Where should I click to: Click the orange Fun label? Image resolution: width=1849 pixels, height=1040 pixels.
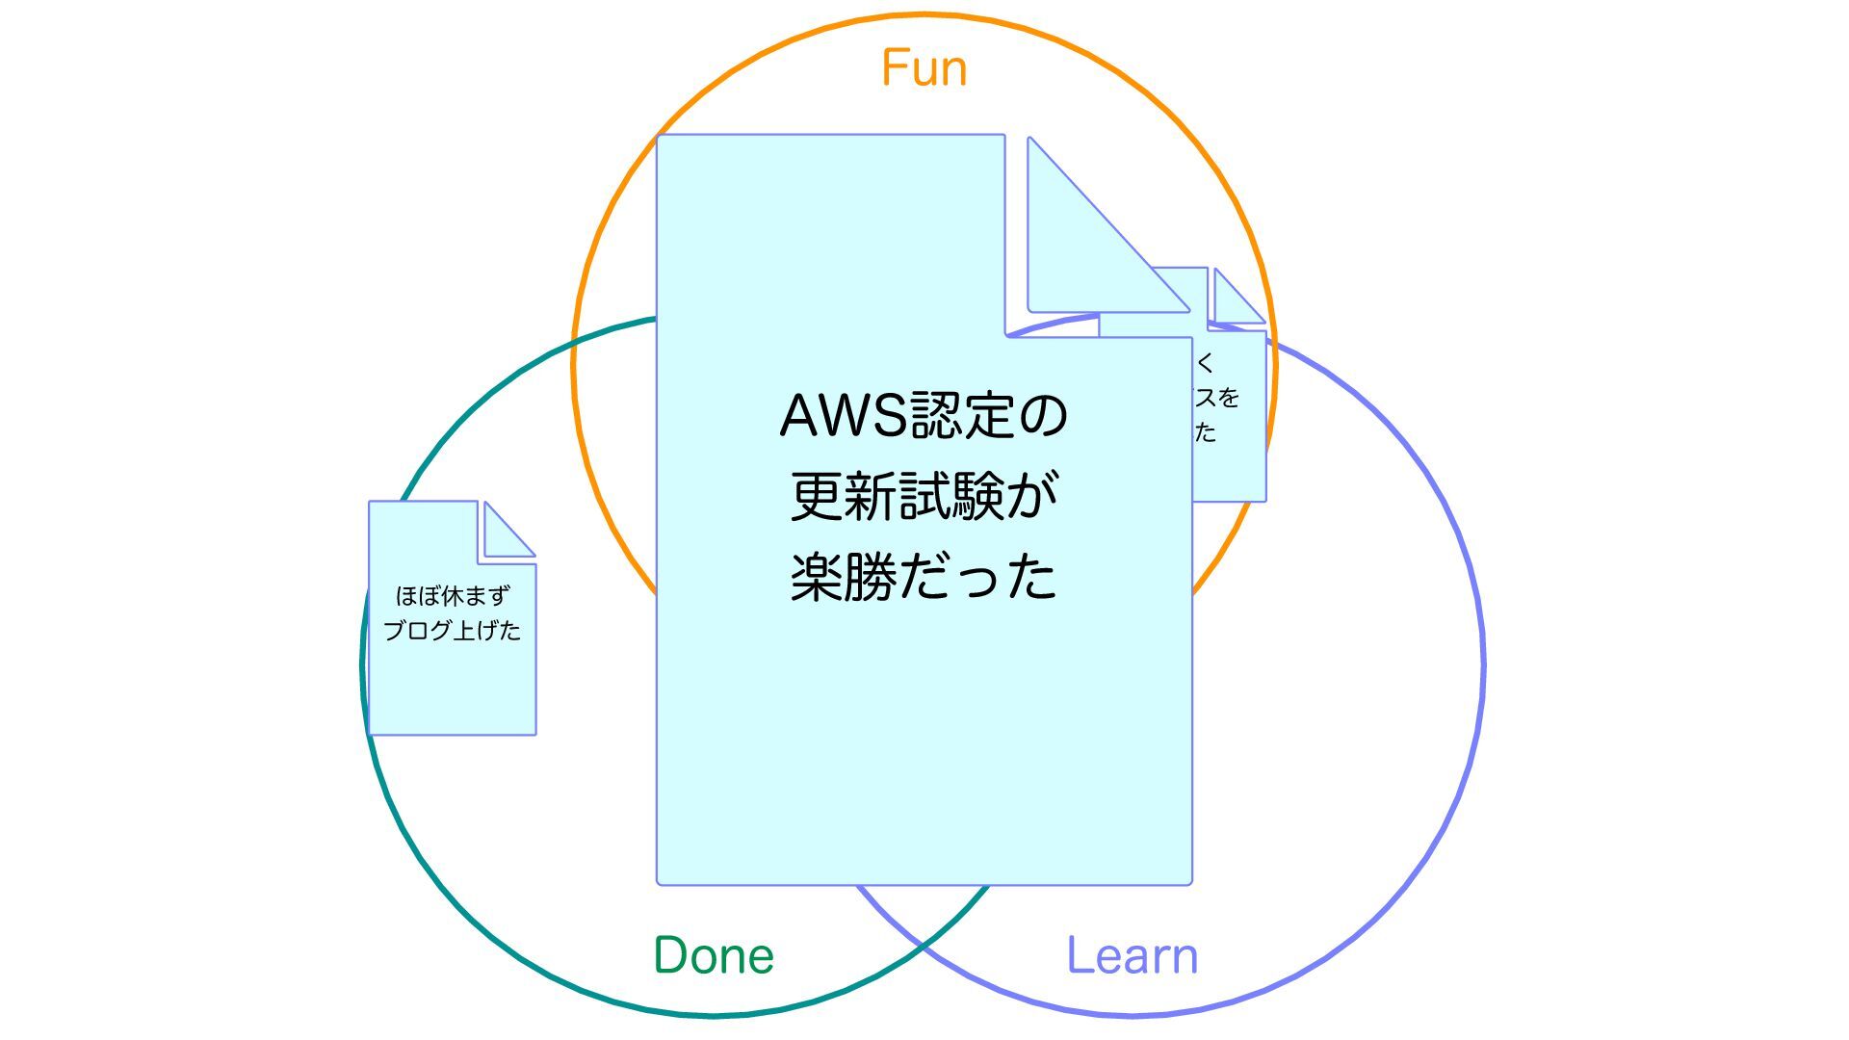(924, 68)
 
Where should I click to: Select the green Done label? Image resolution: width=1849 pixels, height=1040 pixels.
(714, 955)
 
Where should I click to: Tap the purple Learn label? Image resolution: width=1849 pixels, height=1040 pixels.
(1133, 955)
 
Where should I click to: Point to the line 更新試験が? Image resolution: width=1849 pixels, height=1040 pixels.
(924, 496)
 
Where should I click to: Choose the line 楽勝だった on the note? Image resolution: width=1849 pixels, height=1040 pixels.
(924, 577)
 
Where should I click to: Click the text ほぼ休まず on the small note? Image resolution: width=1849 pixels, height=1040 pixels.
(453, 596)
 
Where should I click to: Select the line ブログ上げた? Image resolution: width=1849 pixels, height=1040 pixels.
(453, 631)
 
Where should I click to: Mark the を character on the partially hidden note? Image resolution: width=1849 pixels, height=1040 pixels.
(1228, 397)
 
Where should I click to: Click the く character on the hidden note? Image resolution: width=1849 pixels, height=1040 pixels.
(1205, 363)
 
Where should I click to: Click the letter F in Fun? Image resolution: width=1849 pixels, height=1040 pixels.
(894, 68)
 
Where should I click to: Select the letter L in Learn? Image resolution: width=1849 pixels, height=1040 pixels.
(1078, 955)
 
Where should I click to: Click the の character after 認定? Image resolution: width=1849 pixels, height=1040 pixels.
(1043, 416)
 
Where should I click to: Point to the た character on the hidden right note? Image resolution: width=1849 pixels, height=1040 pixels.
(1206, 432)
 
